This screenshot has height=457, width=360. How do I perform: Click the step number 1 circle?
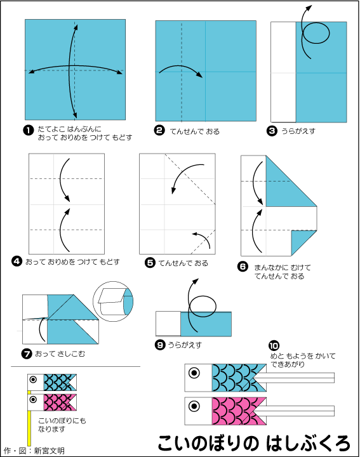coord(29,130)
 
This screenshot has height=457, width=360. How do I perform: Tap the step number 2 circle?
coord(159,130)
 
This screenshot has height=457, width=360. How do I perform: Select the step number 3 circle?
coord(272,131)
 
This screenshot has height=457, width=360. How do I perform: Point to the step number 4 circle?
coord(17,261)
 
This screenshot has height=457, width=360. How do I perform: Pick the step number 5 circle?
coord(150,263)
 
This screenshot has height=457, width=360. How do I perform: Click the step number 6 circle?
coord(243,267)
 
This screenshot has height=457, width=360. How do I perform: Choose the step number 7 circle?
coord(27,354)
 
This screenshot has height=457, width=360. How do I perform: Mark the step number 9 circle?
coord(160,345)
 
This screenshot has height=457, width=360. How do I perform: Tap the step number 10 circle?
coord(274,346)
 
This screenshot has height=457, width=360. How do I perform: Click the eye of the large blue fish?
coord(194,373)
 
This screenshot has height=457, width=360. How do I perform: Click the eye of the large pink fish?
coord(194,406)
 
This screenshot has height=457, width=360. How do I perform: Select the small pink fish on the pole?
coord(52,402)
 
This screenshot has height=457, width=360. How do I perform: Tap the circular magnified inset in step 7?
coord(113,301)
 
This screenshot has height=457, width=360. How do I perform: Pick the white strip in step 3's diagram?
coord(283,72)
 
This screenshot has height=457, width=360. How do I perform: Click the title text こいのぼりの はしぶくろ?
coord(254,443)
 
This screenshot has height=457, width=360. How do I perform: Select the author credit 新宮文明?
coord(49,451)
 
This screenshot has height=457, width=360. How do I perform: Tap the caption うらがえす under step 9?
coord(185,345)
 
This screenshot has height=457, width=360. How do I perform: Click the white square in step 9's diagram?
coord(168,324)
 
